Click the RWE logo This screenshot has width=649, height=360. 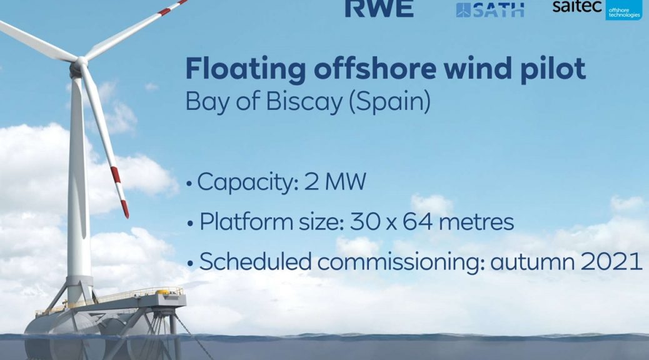coord(379,8)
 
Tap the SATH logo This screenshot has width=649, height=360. coord(490,9)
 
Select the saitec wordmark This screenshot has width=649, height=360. coord(577,6)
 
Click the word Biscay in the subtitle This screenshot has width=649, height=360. coord(304,101)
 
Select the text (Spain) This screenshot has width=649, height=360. coord(390,102)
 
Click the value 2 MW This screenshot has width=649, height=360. coord(335,182)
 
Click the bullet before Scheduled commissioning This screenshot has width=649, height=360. coord(191,264)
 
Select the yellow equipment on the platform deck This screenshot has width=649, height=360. coord(163,292)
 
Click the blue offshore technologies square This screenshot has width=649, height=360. coord(624,10)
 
